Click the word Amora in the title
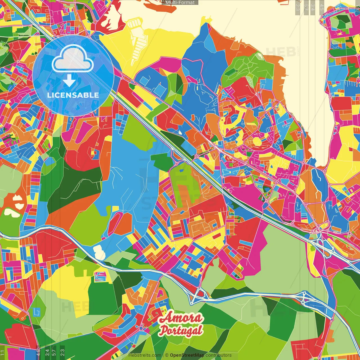tap(181, 318)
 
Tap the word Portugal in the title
tap(181, 330)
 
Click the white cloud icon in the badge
tap(73, 58)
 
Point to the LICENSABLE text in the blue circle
tap(73, 95)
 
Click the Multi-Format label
tap(180, 2)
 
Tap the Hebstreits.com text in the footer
tap(145, 355)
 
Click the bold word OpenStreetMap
tap(187, 355)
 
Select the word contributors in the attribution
tap(219, 355)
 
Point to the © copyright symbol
tap(166, 355)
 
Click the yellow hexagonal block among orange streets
tap(257, 141)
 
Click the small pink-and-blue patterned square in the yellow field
tap(100, 276)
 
